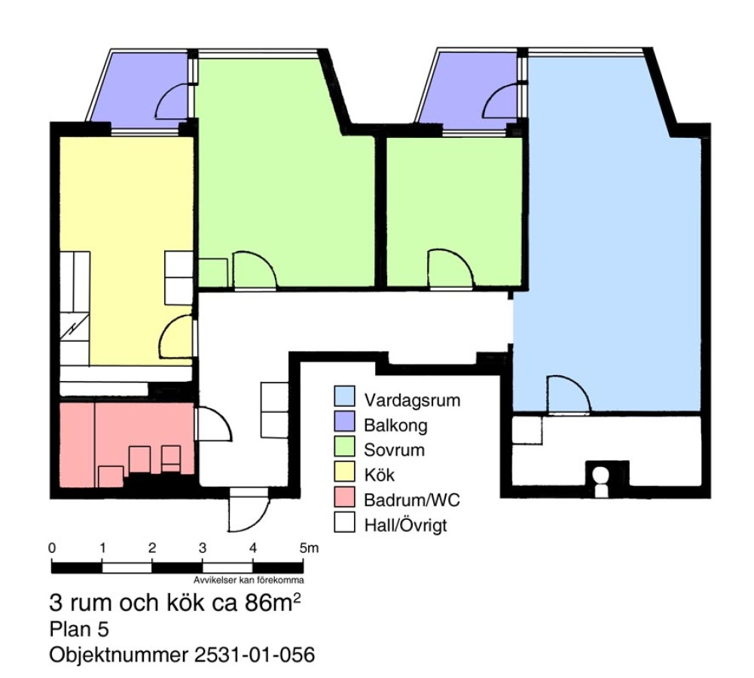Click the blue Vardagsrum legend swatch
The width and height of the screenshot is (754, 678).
coord(344,396)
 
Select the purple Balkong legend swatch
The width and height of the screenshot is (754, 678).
coord(344,421)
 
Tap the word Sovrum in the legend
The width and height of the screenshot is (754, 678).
coord(394,450)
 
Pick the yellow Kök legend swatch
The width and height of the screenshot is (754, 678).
coord(344,472)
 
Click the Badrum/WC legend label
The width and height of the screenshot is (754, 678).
coord(411,500)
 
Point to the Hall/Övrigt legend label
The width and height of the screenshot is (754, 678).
coord(405,525)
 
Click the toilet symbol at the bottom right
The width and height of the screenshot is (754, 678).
coord(600,481)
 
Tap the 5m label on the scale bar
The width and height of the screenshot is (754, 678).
coord(309,548)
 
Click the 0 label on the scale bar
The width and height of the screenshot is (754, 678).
coord(52,548)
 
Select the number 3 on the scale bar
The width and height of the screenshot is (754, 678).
coord(203,548)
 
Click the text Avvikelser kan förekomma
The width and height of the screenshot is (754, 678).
coord(249,580)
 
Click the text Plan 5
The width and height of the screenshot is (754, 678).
coord(79,629)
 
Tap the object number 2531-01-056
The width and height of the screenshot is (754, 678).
coord(255,655)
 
